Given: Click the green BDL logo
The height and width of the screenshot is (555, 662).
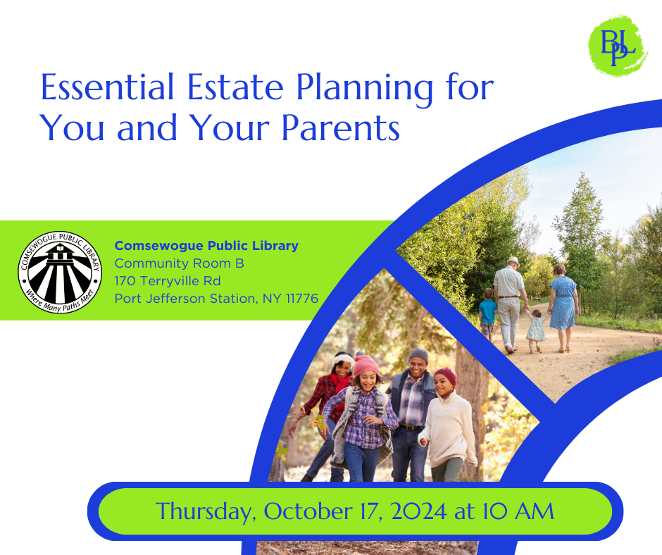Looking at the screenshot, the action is click(x=618, y=46).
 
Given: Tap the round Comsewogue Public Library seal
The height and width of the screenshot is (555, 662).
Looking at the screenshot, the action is click(x=60, y=272).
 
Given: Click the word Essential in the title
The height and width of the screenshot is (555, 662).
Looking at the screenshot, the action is click(x=107, y=87).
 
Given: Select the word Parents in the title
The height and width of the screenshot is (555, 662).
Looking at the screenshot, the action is click(x=340, y=127).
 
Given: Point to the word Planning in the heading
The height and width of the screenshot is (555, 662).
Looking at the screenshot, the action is click(x=365, y=89).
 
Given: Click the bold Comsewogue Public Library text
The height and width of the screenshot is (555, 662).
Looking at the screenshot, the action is click(x=206, y=245).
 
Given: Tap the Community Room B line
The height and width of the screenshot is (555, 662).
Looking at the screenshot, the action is click(x=179, y=263).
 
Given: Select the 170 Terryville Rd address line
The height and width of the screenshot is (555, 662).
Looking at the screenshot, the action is click(x=168, y=281).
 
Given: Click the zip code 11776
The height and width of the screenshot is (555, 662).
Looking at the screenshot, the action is click(x=302, y=299).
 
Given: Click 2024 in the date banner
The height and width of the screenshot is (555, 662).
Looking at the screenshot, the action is click(x=419, y=511).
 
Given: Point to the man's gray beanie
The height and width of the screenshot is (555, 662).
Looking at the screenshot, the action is click(x=418, y=355).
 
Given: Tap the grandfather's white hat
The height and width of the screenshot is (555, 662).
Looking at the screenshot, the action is click(x=513, y=261).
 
